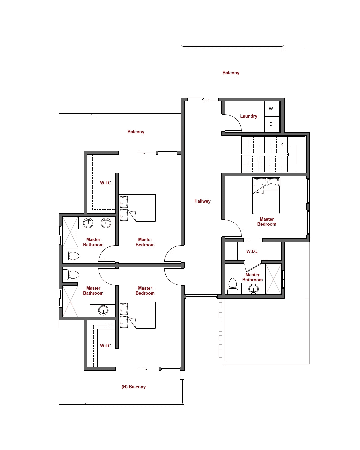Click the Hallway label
coord(202,201)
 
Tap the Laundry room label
coord(248,116)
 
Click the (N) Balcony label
coord(133,387)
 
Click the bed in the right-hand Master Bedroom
coord(266,195)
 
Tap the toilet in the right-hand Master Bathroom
coord(232,286)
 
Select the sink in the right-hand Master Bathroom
coord(253,289)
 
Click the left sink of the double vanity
coord(88,223)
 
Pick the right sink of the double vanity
coord(106,223)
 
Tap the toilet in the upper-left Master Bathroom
coord(71,256)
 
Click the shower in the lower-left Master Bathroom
coord(70,301)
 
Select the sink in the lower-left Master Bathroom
coord(103,310)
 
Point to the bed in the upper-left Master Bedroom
coord(137,208)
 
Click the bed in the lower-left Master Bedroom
coord(137,315)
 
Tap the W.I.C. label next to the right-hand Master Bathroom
coord(252,251)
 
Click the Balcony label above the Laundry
coord(231,73)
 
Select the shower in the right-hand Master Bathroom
coord(273,279)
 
